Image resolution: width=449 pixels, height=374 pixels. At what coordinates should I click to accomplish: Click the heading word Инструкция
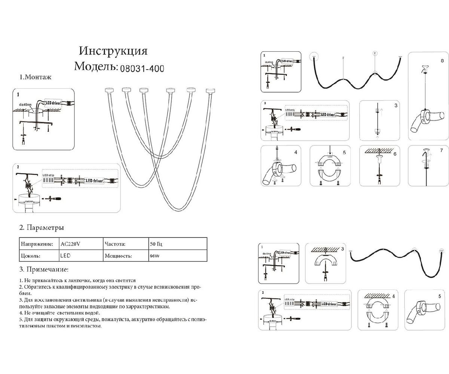[113, 51]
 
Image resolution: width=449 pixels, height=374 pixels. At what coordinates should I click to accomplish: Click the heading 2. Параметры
[41, 227]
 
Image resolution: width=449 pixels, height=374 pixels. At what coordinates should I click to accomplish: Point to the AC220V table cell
[70, 244]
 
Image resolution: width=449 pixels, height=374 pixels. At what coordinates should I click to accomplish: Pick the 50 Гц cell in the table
[156, 244]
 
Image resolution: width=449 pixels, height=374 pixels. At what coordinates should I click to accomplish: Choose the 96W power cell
[154, 256]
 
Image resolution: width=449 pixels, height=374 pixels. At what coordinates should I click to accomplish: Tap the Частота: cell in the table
[115, 244]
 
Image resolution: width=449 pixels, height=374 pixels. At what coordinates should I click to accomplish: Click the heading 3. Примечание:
[43, 269]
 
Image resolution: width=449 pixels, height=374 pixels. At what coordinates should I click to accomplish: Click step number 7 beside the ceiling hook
[442, 151]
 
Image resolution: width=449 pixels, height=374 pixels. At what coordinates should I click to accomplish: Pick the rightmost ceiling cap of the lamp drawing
[211, 90]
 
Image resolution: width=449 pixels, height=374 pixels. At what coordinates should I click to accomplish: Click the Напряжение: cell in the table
[37, 244]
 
